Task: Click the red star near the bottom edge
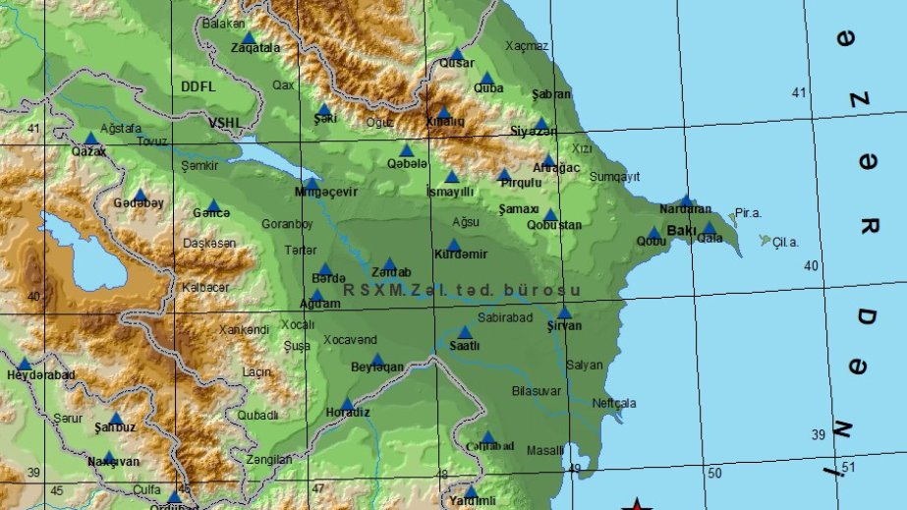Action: coord(638,505)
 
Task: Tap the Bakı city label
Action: coord(681,230)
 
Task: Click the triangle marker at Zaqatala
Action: coord(248,36)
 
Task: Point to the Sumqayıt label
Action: coord(615,177)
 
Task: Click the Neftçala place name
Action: coord(614,403)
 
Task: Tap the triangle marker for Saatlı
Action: coord(465,332)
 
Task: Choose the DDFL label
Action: coord(198,86)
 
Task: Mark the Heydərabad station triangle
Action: coord(25,363)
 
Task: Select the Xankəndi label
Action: coord(244,330)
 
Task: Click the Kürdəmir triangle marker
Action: coord(453,245)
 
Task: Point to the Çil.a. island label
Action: coord(785,242)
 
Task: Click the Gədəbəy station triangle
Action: coord(140,195)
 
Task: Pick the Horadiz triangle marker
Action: coord(347,403)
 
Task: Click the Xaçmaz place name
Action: coord(528,45)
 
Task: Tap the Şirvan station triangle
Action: coord(564,312)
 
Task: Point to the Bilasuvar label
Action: coord(537,390)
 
